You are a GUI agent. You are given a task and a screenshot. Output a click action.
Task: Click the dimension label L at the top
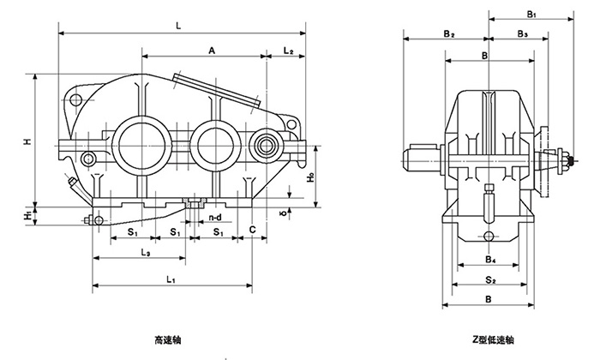[x=177, y=27]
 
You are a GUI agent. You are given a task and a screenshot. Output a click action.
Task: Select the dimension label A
[x=211, y=52]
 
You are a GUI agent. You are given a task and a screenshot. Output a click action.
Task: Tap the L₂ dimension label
[x=289, y=52]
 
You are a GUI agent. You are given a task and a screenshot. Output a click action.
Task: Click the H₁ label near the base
[x=27, y=213]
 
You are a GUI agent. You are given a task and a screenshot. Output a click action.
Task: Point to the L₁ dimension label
[x=171, y=279]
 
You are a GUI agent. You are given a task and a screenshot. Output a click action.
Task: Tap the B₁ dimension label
[x=532, y=15]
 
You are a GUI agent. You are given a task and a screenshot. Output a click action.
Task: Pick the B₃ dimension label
[x=522, y=33]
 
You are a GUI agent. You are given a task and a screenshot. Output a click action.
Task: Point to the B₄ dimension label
[x=487, y=258]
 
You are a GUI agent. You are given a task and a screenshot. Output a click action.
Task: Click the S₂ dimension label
[x=488, y=279]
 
